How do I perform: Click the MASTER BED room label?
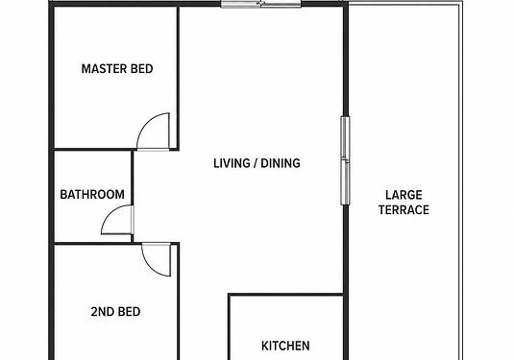pyautogui.click(x=117, y=69)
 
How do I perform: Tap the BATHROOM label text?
pyautogui.click(x=92, y=195)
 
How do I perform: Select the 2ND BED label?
pyautogui.click(x=115, y=311)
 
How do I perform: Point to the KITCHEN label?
pyautogui.click(x=285, y=346)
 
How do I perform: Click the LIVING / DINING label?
pyautogui.click(x=257, y=163)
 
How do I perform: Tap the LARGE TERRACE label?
pyautogui.click(x=404, y=203)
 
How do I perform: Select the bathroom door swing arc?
pyautogui.click(x=111, y=213)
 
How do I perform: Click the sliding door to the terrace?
pyautogui.click(x=345, y=160)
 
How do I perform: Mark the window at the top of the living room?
pyautogui.click(x=261, y=4)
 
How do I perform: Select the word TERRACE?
pyautogui.click(x=404, y=209)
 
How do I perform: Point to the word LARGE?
pyautogui.click(x=404, y=195)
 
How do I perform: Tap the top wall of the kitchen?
pyautogui.click(x=286, y=295)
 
